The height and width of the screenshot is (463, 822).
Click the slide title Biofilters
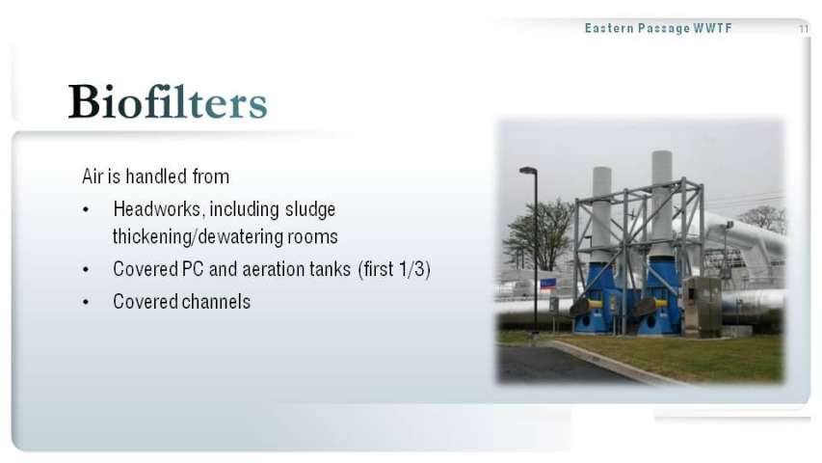point(168,101)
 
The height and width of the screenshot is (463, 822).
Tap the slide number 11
point(804,29)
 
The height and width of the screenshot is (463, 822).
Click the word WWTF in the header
point(712,28)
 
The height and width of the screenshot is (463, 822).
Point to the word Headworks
point(157,209)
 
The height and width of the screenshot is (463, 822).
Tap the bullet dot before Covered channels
point(86,302)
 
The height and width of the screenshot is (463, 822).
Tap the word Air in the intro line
point(93,177)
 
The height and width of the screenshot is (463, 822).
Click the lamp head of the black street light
point(528,170)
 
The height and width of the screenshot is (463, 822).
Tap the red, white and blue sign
point(547,285)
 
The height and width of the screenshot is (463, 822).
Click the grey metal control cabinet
point(703,306)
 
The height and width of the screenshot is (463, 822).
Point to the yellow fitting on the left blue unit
point(595,305)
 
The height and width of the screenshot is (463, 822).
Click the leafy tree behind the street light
point(540,233)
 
